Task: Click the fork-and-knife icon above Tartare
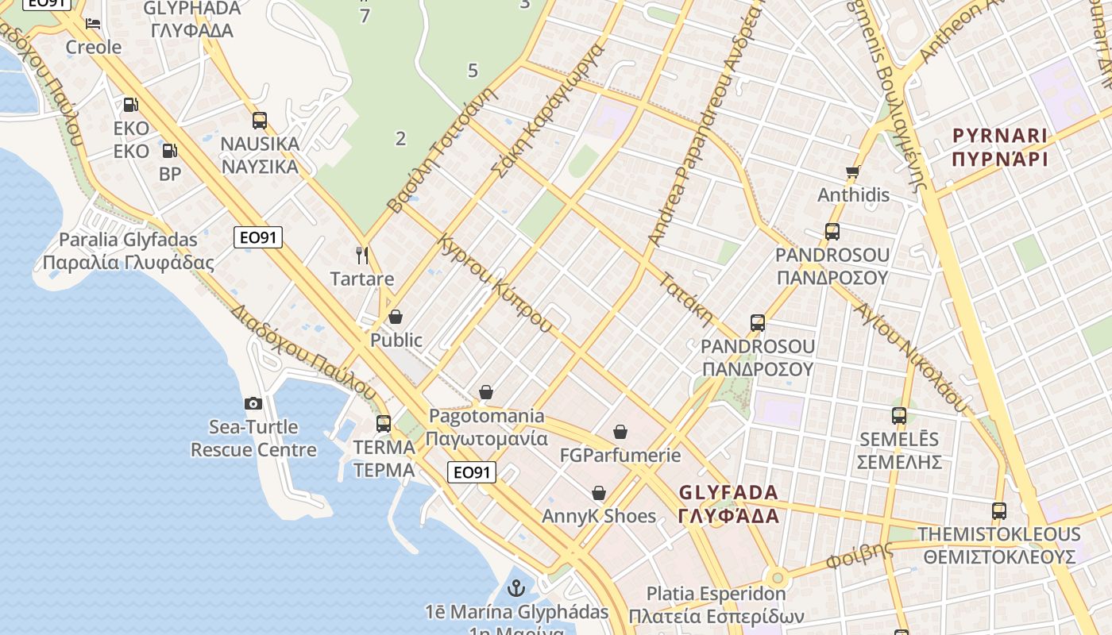362,255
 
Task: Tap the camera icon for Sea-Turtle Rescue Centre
253,403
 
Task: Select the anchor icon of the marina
516,588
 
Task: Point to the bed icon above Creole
93,23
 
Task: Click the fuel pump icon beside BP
169,150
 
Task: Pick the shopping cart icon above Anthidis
853,171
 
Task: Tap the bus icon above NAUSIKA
260,121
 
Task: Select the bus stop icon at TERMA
384,423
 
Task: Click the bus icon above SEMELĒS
899,415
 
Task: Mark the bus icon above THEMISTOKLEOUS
999,510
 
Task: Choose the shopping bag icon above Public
396,317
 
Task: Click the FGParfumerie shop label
620,455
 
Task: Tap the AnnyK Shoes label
599,516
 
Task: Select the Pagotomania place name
487,416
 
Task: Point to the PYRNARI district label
1000,136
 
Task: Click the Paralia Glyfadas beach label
129,240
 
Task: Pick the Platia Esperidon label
716,594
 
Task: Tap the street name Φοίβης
859,555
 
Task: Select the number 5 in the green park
473,71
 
